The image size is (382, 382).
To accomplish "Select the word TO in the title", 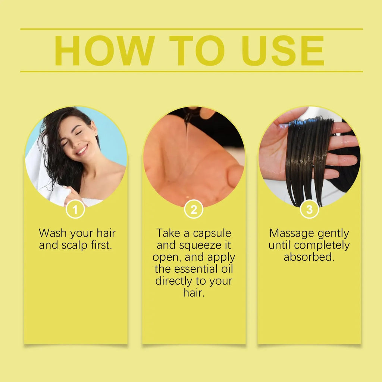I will point(197,51).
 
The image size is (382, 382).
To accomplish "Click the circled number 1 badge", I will point(75,210).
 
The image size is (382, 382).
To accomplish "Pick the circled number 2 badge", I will point(194,210).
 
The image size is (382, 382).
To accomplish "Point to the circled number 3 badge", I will point(309,210).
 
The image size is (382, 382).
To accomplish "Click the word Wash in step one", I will point(52,233).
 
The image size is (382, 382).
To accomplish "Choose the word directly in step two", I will point(175,281).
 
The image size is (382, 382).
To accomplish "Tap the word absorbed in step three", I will point(309,257).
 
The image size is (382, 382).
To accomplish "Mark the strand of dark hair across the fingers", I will point(310,157).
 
